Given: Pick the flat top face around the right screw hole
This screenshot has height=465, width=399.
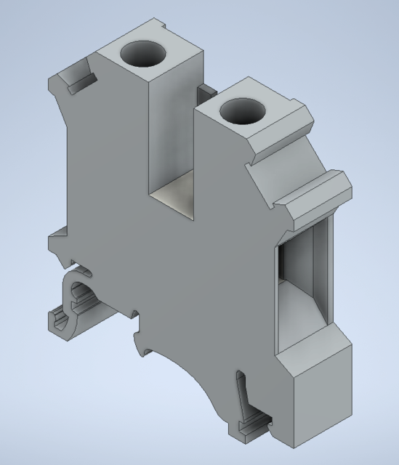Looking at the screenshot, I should pyautogui.click(x=269, y=116).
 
